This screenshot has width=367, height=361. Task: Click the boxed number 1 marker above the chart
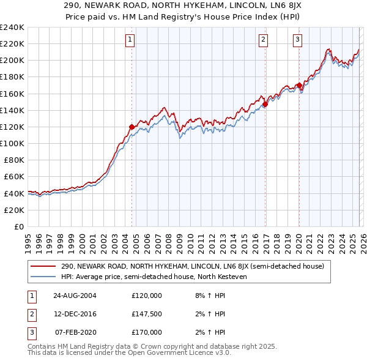tap(131, 40)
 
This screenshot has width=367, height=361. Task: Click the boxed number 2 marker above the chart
tap(263, 40)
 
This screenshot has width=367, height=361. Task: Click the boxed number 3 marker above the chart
tap(297, 40)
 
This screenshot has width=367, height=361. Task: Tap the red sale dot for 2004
tap(132, 127)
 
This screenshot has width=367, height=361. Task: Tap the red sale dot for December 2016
tap(265, 104)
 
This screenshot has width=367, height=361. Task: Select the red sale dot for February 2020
tap(298, 85)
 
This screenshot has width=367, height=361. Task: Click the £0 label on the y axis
tap(18, 226)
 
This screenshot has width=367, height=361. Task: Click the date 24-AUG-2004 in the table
tap(75, 296)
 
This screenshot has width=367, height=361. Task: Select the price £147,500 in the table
tap(147, 314)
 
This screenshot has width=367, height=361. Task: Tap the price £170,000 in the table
tap(147, 332)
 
